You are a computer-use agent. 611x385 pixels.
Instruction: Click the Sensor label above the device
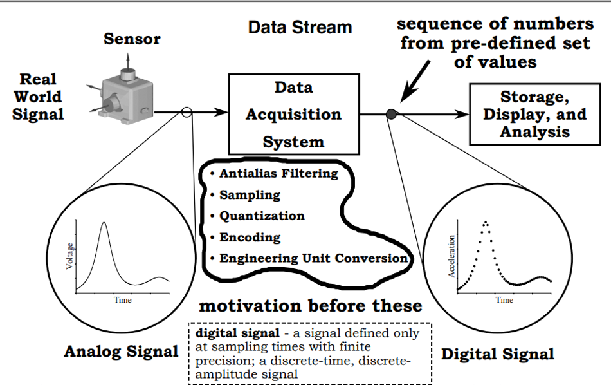coord(132,39)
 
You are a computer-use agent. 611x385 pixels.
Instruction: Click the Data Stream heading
coord(300,28)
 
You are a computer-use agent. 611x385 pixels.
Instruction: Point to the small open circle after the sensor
coord(187,112)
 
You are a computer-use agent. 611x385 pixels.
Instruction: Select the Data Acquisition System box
coord(293,114)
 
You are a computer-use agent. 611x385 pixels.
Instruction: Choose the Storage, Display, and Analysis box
coord(535,114)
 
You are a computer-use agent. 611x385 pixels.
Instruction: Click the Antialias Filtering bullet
coord(278,173)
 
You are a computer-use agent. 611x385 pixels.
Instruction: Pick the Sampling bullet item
coord(250,194)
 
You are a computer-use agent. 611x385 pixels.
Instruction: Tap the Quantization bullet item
coord(262,216)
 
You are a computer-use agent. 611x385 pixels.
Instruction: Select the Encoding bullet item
coord(250,237)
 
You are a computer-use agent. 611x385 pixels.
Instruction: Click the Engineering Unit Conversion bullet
coord(313,258)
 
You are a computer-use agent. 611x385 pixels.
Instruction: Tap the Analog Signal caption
coord(121,352)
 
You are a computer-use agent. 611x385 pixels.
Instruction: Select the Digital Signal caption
coord(497,353)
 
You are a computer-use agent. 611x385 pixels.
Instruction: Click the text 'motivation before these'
coord(311,305)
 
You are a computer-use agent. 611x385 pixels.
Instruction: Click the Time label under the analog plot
coord(122,300)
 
